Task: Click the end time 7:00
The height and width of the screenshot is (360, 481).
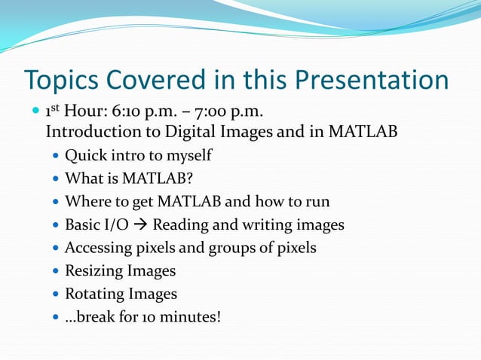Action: [x=213, y=112]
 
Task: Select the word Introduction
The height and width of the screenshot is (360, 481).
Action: [x=88, y=133]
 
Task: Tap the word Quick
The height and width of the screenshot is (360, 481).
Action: [x=86, y=156]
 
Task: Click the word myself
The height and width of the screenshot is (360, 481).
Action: [x=185, y=156]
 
